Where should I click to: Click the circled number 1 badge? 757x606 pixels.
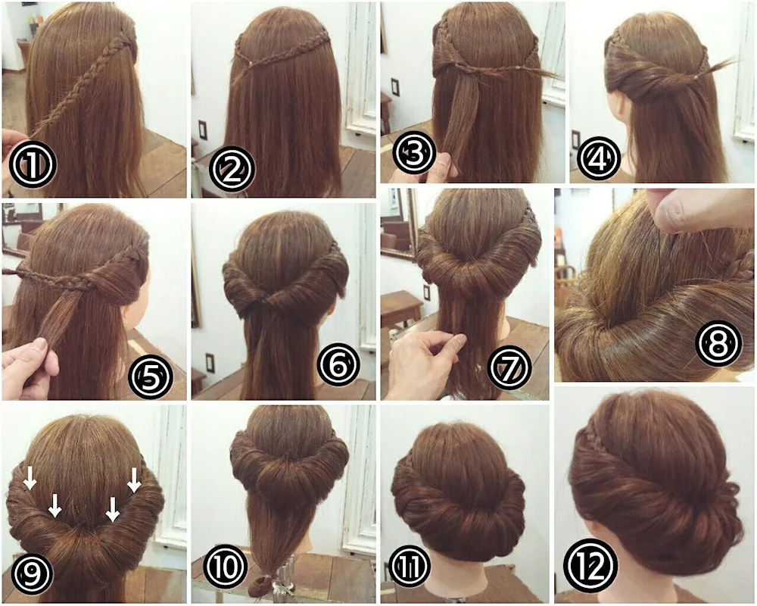(x=33, y=164)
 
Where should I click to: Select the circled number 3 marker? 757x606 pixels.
(x=414, y=152)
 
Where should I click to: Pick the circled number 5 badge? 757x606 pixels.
(x=150, y=377)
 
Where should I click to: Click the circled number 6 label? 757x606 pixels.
(x=338, y=365)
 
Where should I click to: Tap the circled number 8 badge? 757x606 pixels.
(x=718, y=344)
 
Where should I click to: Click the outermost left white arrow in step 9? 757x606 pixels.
(x=30, y=477)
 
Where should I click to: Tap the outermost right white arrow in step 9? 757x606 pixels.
(x=134, y=479)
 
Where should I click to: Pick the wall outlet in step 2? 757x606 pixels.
(x=203, y=130)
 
